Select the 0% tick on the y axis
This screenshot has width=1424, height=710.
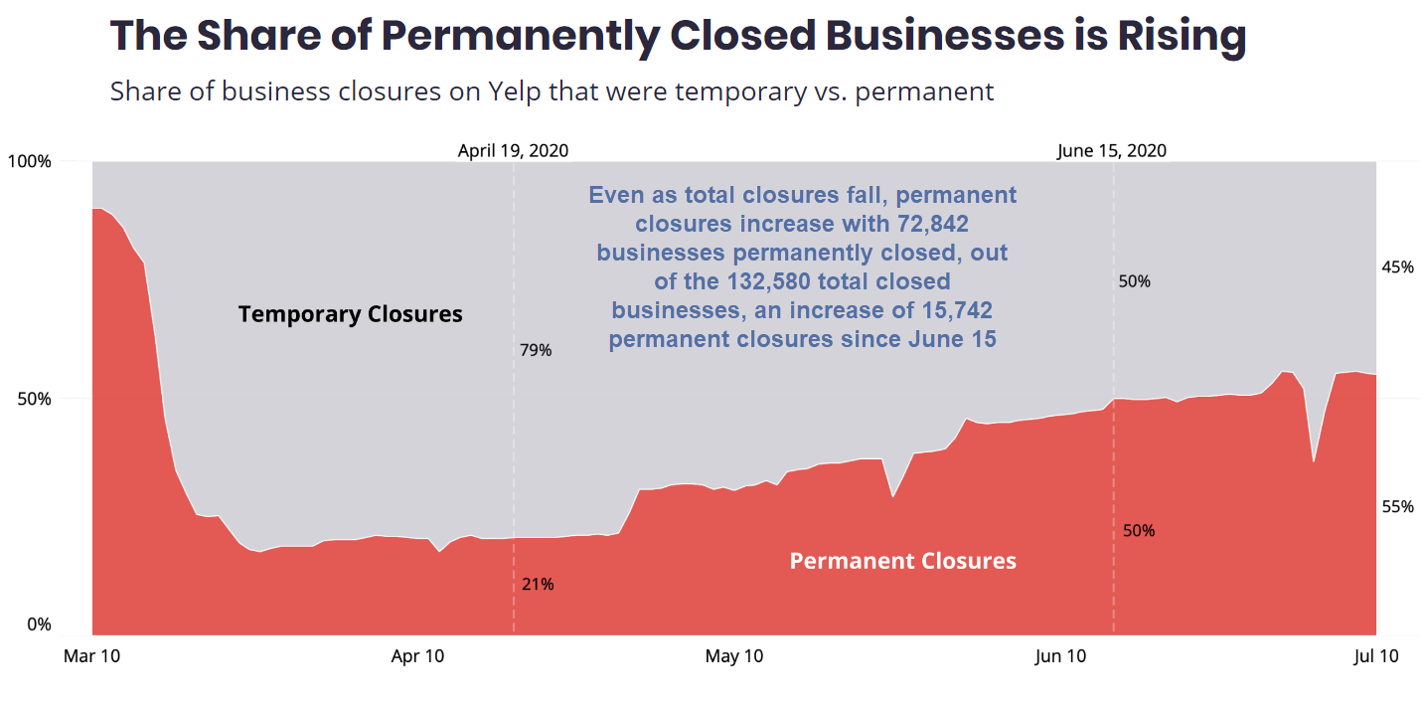point(38,624)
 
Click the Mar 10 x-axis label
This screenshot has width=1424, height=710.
point(91,656)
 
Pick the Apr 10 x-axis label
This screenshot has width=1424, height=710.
point(418,656)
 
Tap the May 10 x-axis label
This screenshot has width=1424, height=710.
point(734,656)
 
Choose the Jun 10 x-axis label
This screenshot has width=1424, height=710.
point(1060,656)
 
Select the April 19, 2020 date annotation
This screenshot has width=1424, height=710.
point(513,151)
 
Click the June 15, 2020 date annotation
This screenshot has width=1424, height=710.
point(1112,151)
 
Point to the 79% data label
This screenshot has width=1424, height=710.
point(536,350)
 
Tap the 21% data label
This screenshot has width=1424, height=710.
point(538,584)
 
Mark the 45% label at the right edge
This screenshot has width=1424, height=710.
point(1397,266)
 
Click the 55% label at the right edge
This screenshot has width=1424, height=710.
point(1397,507)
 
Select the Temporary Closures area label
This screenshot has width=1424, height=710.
point(350,315)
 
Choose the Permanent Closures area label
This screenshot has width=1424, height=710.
point(902,562)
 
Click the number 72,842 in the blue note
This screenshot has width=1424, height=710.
point(928,224)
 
